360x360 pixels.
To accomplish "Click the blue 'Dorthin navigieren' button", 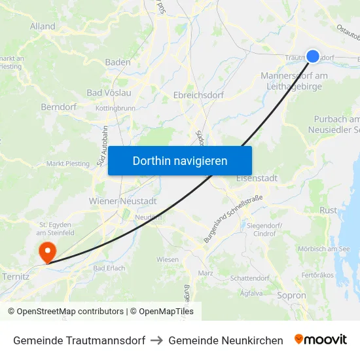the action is pos(180,160).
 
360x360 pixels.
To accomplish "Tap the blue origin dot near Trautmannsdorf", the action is pos(314,57).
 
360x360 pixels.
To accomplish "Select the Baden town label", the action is pos(118,62).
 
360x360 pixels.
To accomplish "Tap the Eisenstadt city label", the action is pos(257,178).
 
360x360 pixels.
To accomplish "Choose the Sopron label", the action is pos(291,295).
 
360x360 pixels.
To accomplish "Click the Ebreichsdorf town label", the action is pos(198,95).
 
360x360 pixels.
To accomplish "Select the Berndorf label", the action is pos(59,106).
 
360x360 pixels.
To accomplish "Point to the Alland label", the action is pos(43,27).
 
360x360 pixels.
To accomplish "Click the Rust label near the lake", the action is pos(328,209).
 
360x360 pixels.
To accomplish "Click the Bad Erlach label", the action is pos(108,268).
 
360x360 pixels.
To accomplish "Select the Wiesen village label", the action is pos(168,259).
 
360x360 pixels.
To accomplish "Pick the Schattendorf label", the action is pos(249,278).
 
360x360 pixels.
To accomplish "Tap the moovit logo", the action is pos(321,340).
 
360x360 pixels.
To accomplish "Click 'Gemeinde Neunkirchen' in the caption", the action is pos(226,340).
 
